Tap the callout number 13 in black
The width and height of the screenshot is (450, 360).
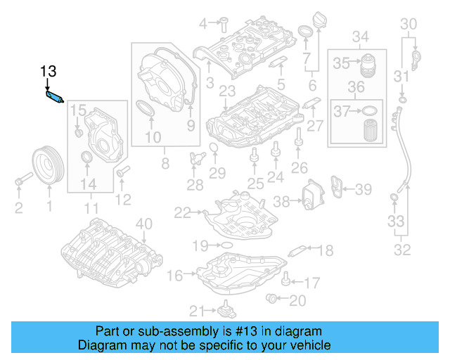tap(48, 71)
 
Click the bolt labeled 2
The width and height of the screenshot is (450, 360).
tap(19, 183)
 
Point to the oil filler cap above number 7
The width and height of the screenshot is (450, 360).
tap(307, 33)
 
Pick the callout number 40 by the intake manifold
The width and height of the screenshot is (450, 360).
tap(143, 224)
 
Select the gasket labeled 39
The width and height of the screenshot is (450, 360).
tap(339, 188)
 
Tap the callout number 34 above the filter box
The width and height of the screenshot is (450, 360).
tap(360, 36)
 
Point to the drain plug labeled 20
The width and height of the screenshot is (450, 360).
tap(272, 300)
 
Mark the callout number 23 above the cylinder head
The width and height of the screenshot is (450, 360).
tap(226, 91)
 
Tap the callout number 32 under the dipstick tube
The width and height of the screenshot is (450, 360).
tap(403, 249)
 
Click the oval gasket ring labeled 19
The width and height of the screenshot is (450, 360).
tap(226, 245)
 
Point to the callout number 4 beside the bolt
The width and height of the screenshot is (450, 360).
tap(204, 23)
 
